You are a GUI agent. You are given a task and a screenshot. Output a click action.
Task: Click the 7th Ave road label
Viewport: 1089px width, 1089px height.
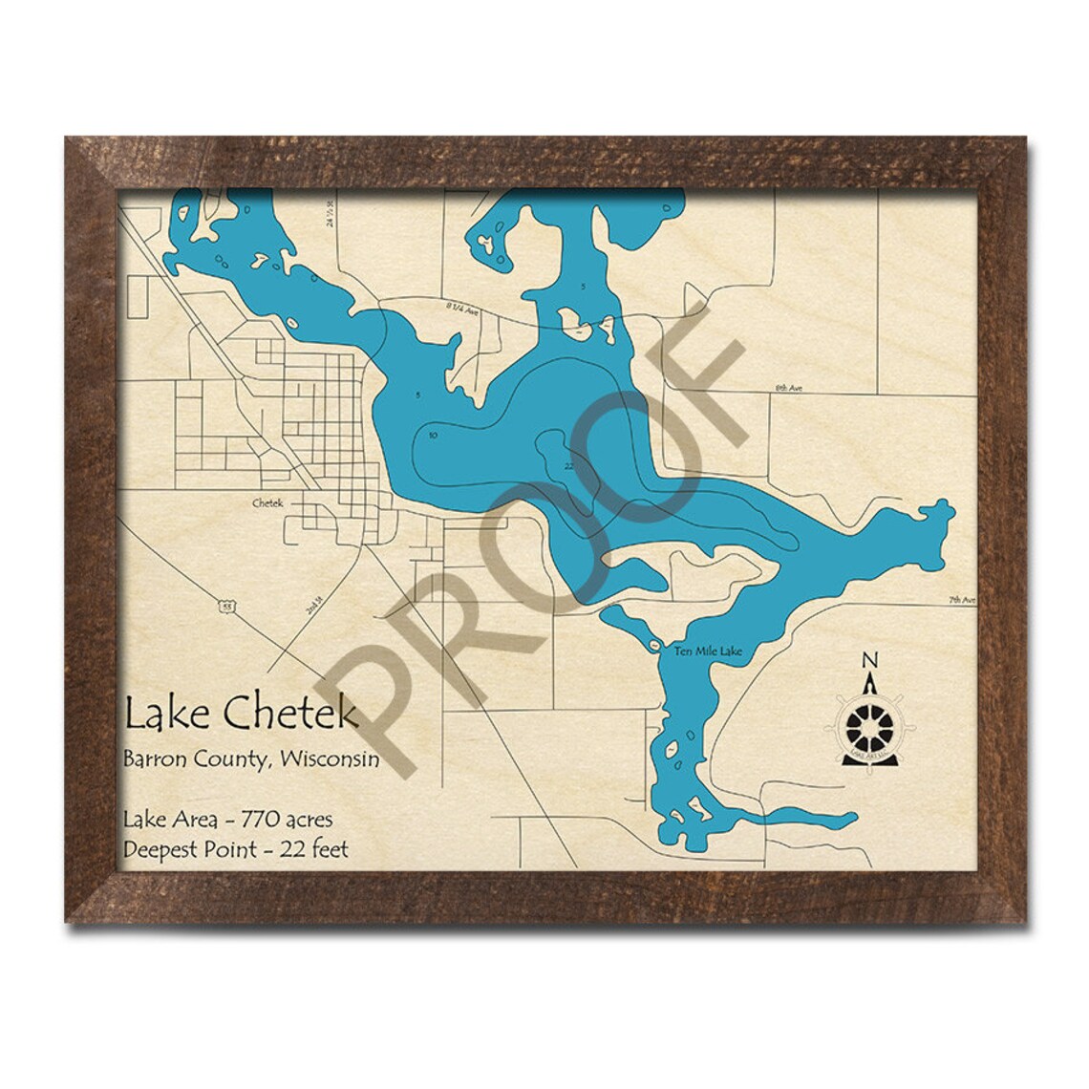point(963,601)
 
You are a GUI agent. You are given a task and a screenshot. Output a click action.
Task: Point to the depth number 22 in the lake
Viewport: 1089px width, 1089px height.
point(568,465)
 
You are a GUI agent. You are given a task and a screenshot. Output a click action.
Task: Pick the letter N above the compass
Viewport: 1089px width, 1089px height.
point(868,660)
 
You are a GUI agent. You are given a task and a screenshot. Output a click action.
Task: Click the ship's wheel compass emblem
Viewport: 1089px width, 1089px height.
point(869,725)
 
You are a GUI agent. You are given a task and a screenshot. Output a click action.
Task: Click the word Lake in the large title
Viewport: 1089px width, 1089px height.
point(155,714)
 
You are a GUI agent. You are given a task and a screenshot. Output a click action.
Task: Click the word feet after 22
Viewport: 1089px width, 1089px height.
point(327,848)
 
